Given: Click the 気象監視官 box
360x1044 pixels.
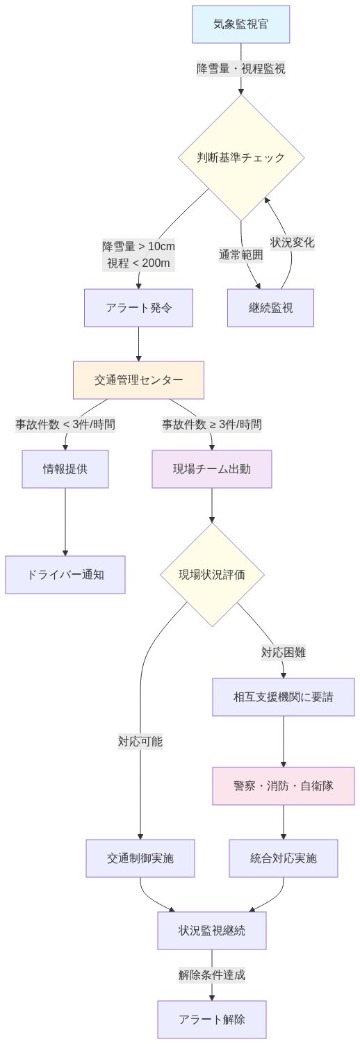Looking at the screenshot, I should tap(240, 24).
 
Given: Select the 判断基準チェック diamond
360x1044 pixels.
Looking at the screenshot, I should tap(240, 157).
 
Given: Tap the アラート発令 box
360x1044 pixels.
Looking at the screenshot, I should tap(138, 307).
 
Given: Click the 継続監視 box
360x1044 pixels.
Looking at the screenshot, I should tap(270, 307).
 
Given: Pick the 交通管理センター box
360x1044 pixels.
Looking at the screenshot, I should tap(138, 380).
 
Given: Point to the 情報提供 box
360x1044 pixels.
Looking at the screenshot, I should tap(65, 468).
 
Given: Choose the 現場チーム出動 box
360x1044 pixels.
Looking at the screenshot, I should tap(211, 468).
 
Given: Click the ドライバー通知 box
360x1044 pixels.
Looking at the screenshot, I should tap(65, 574).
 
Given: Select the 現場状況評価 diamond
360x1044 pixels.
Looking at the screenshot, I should tap(211, 574).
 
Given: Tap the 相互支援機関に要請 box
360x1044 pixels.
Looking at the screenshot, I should tap(283, 696).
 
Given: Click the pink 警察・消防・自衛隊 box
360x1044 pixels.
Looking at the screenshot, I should tap(283, 785).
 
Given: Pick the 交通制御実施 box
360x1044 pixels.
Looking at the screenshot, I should tap(140, 858).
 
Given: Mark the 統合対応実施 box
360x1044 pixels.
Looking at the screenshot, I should tap(283, 858).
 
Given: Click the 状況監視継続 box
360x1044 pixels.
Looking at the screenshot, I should tap(211, 930).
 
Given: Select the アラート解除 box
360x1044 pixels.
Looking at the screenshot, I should tap(211, 1019).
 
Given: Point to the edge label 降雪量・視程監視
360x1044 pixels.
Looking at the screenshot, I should tap(240, 68).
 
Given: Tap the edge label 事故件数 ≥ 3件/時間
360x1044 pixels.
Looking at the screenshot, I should tap(211, 424).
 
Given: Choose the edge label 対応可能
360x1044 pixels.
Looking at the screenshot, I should tap(140, 741).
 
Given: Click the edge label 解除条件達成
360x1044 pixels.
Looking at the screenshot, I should tap(211, 974).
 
